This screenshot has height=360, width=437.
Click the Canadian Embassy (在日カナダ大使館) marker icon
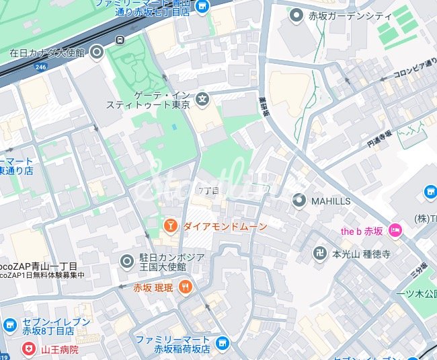tap(97, 51)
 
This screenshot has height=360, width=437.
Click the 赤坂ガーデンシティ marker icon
tap(296, 14)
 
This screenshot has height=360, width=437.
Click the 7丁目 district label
tap(209, 191)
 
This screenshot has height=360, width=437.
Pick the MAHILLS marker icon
tap(299, 200)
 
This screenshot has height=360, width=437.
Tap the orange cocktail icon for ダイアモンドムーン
tap(171, 225)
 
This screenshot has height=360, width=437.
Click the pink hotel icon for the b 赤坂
tap(395, 231)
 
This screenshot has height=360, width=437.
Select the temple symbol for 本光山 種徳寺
tap(320, 254)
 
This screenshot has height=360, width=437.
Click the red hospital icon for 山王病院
tap(28, 349)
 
